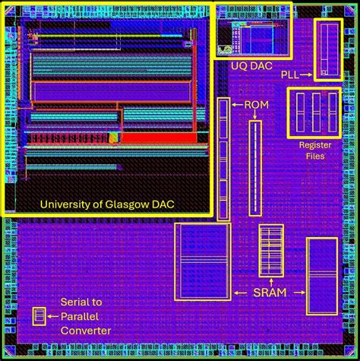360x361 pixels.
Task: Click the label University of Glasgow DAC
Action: click(x=107, y=204)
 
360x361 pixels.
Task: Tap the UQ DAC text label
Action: click(x=252, y=66)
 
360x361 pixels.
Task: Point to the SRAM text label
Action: click(x=270, y=292)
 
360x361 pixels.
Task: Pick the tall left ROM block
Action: click(x=223, y=159)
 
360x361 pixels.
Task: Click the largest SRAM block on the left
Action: click(x=201, y=262)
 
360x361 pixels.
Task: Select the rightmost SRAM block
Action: click(x=322, y=275)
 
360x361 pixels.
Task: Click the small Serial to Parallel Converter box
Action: click(x=39, y=316)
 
